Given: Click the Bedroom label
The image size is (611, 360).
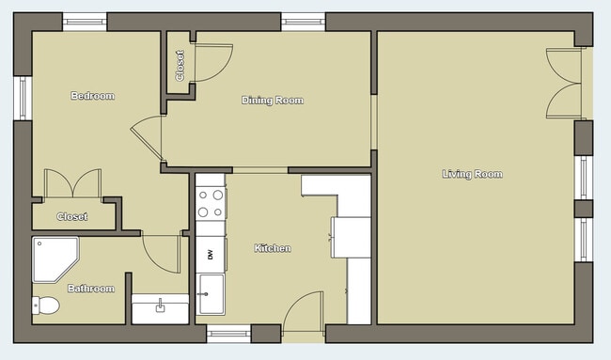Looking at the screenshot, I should (92, 96).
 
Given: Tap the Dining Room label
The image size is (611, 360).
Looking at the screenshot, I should (273, 100).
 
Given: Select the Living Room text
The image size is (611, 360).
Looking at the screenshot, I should (473, 174).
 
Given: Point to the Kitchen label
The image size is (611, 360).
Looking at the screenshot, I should (273, 249).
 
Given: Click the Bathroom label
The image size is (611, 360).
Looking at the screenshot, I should (91, 289).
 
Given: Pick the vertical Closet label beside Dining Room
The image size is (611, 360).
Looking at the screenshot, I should (180, 65).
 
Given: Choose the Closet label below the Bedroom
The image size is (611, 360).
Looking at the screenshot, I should (72, 216).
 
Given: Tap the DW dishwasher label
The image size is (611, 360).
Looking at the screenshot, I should (211, 254).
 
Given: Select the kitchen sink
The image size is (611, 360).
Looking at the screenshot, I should (211, 294).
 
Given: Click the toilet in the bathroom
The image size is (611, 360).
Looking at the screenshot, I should (45, 305).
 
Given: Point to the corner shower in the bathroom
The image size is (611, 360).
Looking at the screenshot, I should (55, 258).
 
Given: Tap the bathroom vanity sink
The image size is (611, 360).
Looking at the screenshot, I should (160, 307).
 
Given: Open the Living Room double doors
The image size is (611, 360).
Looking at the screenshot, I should (565, 84).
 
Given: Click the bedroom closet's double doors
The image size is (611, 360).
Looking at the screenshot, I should (72, 184).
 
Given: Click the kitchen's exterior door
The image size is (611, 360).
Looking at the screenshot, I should (303, 312).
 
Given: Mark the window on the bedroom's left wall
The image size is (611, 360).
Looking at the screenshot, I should (23, 98).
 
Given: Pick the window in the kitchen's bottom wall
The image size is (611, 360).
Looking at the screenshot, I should (228, 332).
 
